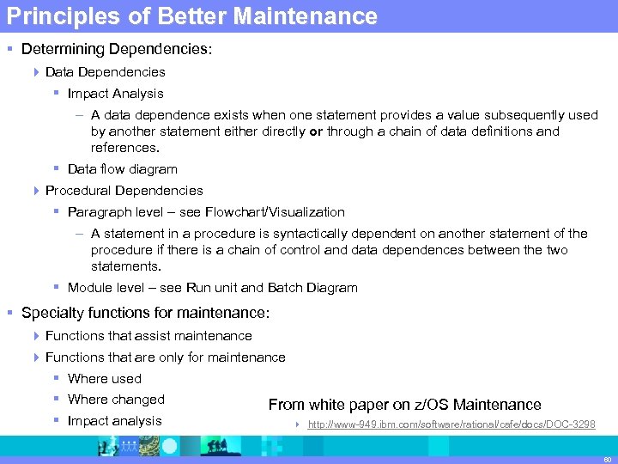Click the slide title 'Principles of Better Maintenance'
click(x=190, y=16)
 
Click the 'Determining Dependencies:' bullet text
click(x=116, y=50)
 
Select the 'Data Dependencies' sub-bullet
click(x=105, y=72)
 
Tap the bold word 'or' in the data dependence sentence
click(x=316, y=131)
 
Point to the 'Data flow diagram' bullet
click(x=122, y=169)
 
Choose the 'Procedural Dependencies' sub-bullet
click(x=124, y=191)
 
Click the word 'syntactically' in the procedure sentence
click(x=344, y=234)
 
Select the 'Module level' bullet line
click(x=212, y=288)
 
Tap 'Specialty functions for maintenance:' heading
click(x=145, y=314)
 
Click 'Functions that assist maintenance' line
click(x=148, y=336)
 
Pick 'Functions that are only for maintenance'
click(x=165, y=357)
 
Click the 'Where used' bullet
click(x=104, y=379)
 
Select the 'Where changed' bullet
click(x=116, y=400)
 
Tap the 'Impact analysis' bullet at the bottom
click(x=114, y=421)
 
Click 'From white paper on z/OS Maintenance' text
click(x=404, y=405)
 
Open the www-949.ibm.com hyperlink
click(x=451, y=425)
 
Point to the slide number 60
click(x=606, y=459)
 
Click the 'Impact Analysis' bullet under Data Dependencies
click(x=115, y=94)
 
